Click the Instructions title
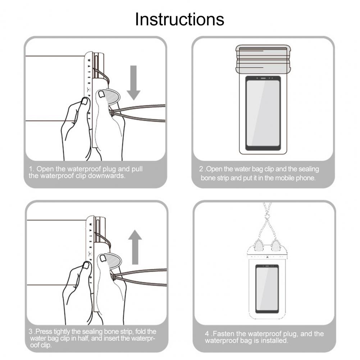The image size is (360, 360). pos(179,19)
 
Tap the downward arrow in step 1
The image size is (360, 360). pos(133,83)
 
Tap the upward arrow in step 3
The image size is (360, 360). pos(135,247)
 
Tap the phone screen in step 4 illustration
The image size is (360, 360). pos(267,288)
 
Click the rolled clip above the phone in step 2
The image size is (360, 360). pos(263,59)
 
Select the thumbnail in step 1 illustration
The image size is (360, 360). pos(101,94)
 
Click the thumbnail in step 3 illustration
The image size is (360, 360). pos(102,258)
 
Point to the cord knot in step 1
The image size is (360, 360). pos(111,113)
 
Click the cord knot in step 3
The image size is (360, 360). pos(113,277)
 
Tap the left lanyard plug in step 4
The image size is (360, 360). pos(258,245)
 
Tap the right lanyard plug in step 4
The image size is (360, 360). pos(275,245)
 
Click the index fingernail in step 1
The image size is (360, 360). pos(85,101)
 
